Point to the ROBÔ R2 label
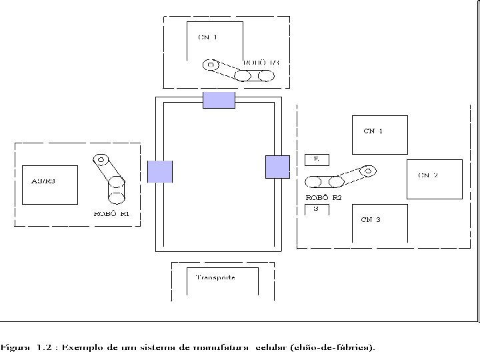pyautogui.click(x=323, y=198)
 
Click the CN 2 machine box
pyautogui.click(x=434, y=179)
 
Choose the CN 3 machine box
pyautogui.click(x=379, y=223)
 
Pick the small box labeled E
pyautogui.click(x=317, y=160)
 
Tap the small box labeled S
pyautogui.click(x=317, y=209)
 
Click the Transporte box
pyautogui.click(x=215, y=278)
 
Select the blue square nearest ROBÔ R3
pyautogui.click(x=219, y=100)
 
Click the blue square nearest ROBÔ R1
pyautogui.click(x=160, y=171)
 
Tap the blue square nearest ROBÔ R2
pyautogui.click(x=277, y=167)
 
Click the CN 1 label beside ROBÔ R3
pyautogui.click(x=207, y=37)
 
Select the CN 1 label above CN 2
pyautogui.click(x=373, y=131)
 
